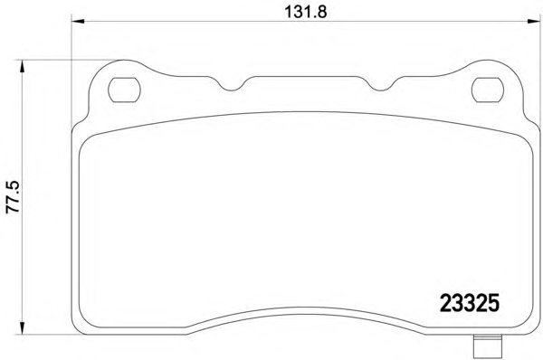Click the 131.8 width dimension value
coord(306,12)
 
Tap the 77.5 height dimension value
coord(14,197)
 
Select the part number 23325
coord(470,303)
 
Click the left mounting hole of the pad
coord(124,90)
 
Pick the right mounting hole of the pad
coord(488,90)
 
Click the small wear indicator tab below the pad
coord(488,347)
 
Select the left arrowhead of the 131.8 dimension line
coord(78,22)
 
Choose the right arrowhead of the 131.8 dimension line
coord(534,22)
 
